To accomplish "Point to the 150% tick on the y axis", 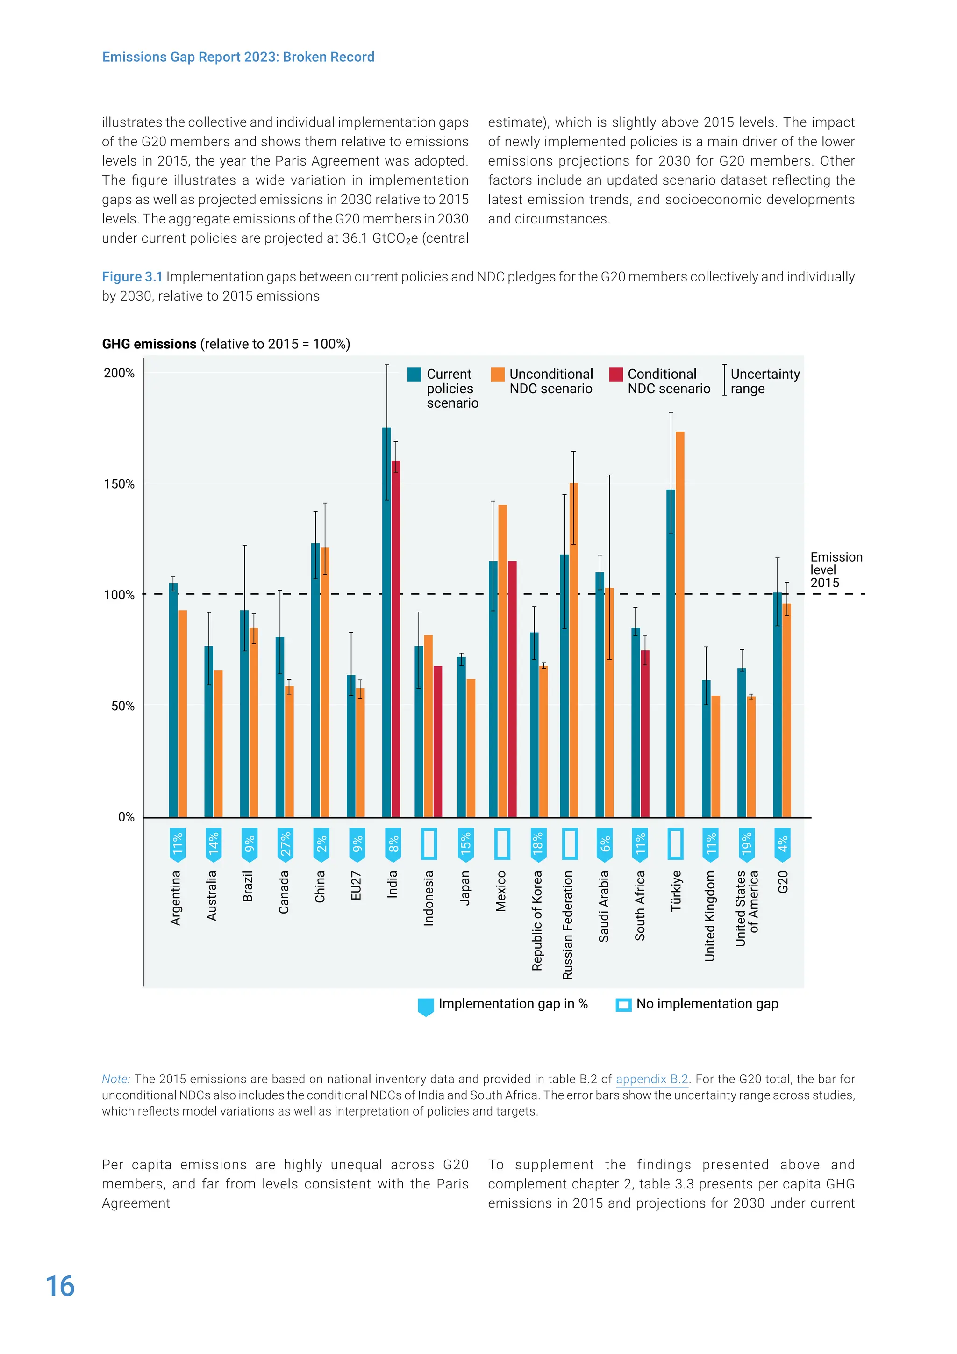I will tap(119, 484).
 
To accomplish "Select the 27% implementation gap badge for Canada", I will tap(285, 844).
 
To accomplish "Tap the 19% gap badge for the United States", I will tap(747, 844).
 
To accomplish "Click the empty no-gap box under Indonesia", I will tap(429, 844).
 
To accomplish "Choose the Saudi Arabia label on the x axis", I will tap(603, 907).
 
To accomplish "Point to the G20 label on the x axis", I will tap(783, 882).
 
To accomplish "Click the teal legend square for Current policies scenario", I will tap(414, 375).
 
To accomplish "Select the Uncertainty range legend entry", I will tap(764, 381).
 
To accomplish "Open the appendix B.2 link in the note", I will tap(652, 1079).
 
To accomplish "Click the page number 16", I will tap(60, 1286).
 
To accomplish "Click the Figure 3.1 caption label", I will tap(132, 277).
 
